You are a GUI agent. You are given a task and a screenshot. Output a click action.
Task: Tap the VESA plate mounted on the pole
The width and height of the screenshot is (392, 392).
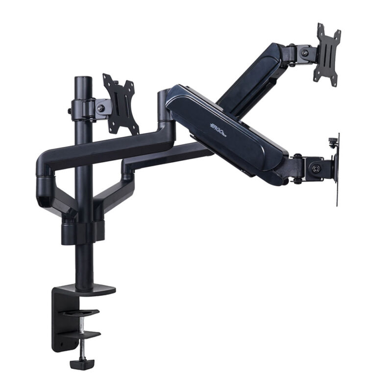pyautogui.click(x=121, y=104)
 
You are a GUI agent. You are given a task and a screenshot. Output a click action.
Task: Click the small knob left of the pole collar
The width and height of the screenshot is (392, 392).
pyautogui.click(x=70, y=112)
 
